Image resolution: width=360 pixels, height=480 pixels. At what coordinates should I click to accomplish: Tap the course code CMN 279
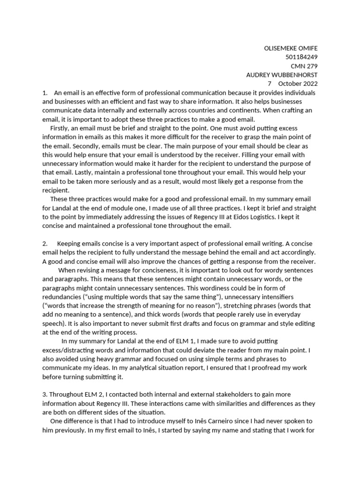coord(305,66)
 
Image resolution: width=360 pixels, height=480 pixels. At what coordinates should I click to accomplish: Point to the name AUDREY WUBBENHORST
coord(282,75)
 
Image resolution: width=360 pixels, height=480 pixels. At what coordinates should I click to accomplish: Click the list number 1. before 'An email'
coord(45,93)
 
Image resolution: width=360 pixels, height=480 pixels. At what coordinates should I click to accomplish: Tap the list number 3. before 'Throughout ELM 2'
coord(45,395)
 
